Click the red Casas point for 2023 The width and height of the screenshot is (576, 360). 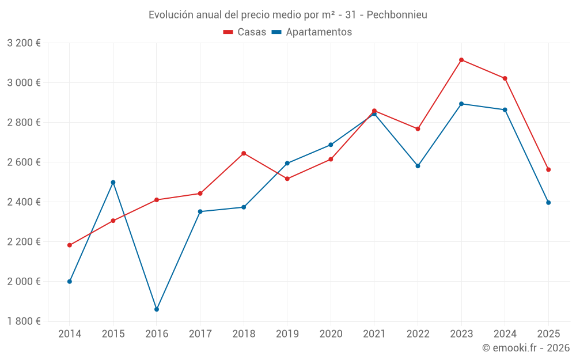point(461,60)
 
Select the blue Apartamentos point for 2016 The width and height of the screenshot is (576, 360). point(157,309)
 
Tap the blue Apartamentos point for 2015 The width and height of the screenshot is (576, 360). point(113,182)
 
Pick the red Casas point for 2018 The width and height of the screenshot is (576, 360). point(244,153)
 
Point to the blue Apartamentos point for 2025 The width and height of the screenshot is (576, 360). point(548,202)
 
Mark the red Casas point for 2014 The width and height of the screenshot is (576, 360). point(70,245)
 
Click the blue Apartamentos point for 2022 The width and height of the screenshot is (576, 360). point(418,166)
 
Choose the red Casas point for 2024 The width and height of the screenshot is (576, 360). point(505,78)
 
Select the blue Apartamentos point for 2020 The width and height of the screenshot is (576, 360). point(331,145)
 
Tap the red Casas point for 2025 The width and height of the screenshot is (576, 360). point(548,169)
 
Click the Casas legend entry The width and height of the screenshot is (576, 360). point(245,32)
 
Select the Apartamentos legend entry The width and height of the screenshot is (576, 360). point(312,32)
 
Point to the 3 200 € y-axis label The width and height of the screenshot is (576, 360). point(24,43)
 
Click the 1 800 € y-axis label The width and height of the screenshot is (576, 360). point(24,321)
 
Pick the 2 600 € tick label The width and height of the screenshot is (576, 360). point(24,162)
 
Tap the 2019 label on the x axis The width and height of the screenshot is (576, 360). point(287,334)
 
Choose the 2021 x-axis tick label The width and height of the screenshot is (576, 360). point(374,334)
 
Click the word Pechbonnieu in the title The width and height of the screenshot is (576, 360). point(397,14)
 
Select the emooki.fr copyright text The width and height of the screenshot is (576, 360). point(526,347)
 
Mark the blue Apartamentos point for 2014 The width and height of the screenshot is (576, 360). point(70,281)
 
